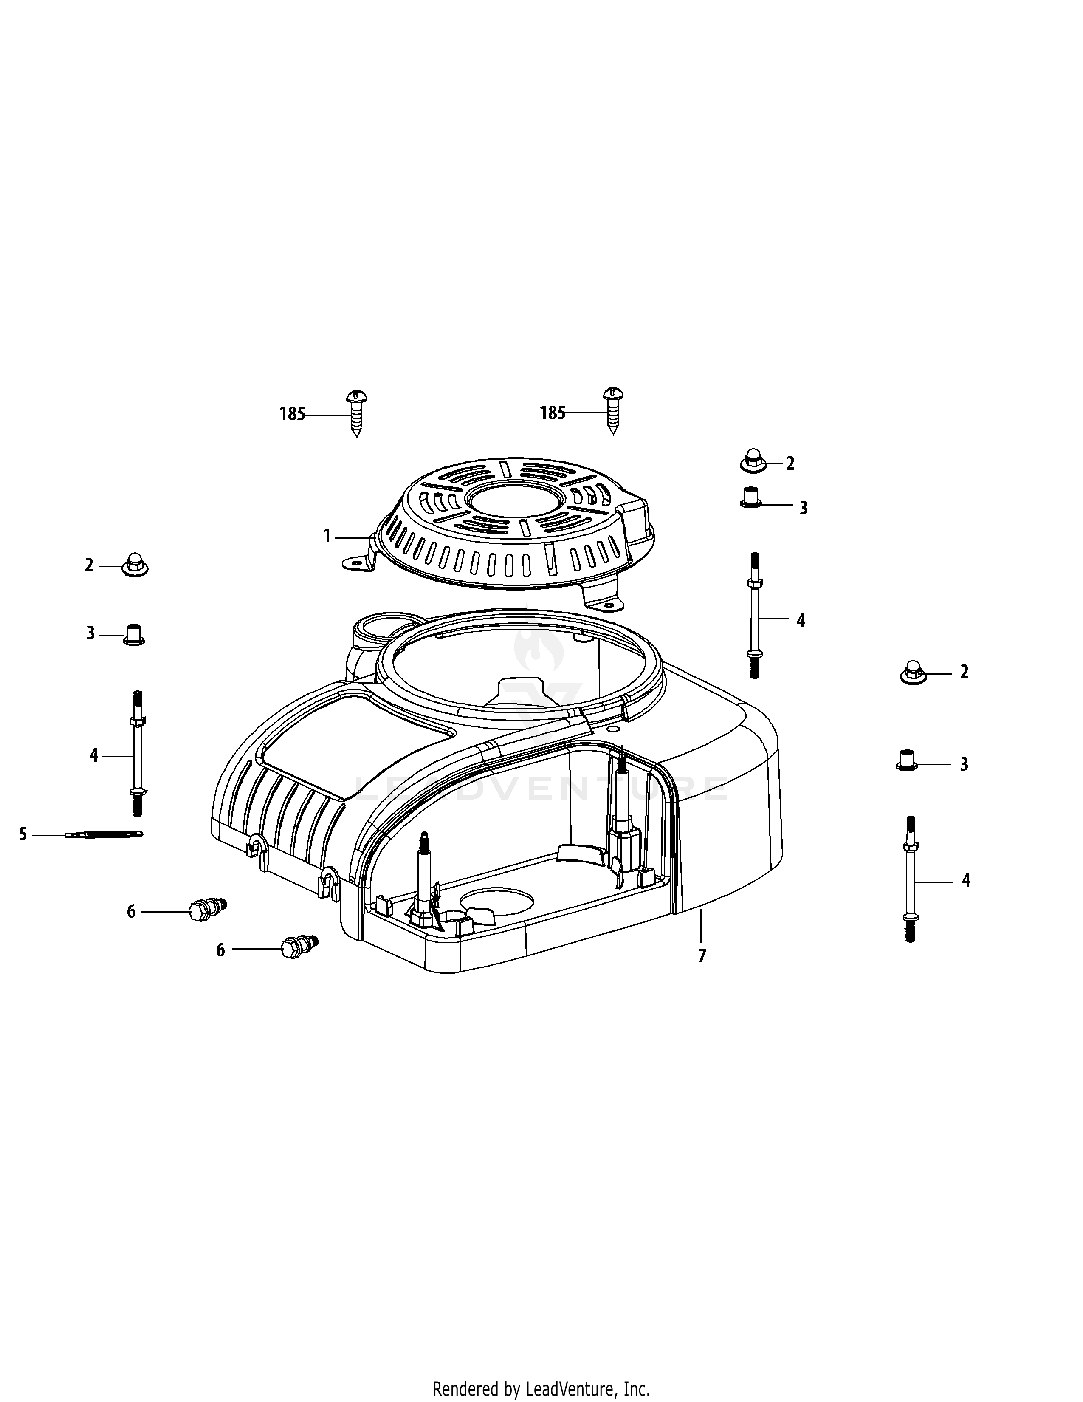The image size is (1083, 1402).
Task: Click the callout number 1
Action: pos(327,535)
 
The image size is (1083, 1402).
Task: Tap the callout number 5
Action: pos(23,834)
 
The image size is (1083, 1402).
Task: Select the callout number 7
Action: pos(702,956)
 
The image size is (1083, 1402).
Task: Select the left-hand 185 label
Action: pos(292,415)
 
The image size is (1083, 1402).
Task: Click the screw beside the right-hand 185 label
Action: pos(613,410)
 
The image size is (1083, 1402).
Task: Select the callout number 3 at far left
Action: pos(90,633)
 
